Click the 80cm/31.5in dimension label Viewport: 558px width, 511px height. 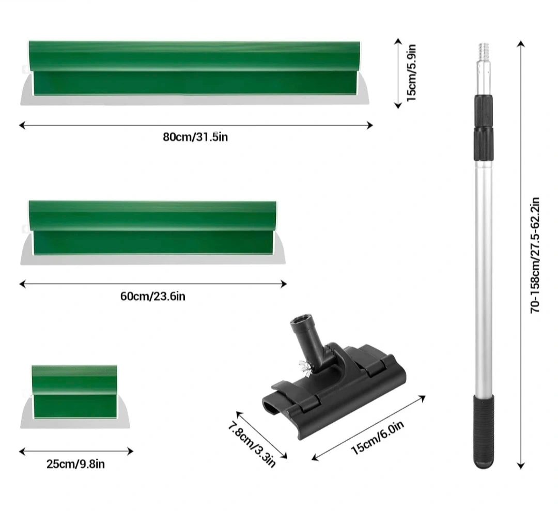(195, 137)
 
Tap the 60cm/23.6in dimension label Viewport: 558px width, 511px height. (152, 297)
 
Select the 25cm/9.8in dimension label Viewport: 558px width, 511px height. (75, 464)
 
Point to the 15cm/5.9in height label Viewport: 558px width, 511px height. (411, 72)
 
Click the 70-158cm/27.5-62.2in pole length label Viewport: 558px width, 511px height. (535, 255)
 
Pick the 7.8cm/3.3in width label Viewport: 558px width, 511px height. (252, 444)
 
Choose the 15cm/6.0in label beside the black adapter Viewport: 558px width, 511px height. (378, 437)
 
